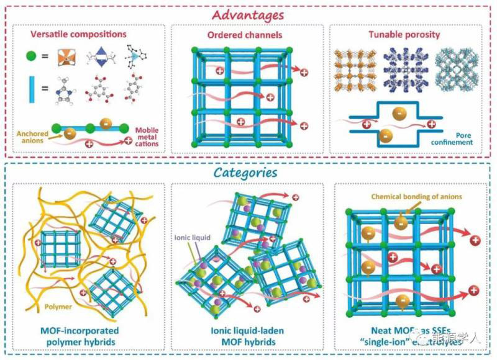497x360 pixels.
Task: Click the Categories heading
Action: (247, 173)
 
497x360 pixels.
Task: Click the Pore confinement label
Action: (455, 138)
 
